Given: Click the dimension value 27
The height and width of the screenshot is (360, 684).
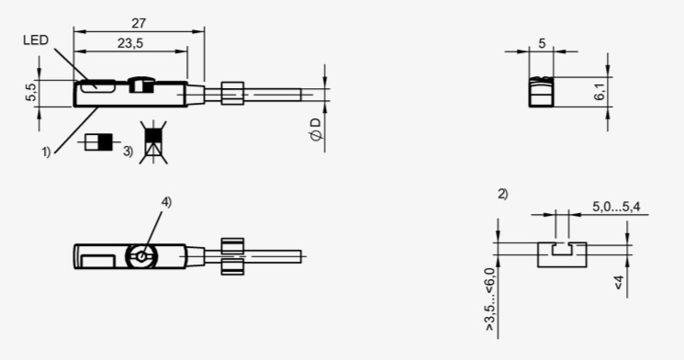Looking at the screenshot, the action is coord(138,23).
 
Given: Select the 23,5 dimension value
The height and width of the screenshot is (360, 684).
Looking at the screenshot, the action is coord(130,43).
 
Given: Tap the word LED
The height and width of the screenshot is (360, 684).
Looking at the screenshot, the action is coord(36,40).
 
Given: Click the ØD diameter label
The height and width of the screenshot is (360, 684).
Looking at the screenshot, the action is coord(316,129).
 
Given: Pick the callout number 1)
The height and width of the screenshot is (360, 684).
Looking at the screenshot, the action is coord(46,152).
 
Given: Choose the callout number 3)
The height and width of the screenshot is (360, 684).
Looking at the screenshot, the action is coord(128,152).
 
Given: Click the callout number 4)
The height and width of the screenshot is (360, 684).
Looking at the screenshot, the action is coord(166,202).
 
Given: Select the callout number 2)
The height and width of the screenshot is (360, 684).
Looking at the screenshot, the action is coord(503,194).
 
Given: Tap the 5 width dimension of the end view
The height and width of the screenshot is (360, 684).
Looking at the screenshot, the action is coord(542,44).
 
